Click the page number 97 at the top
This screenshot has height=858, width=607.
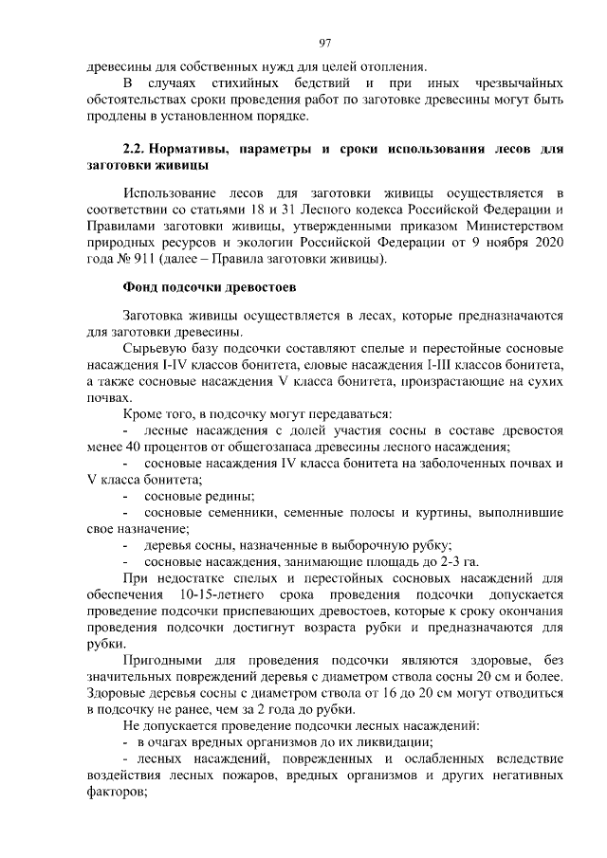coord(324,43)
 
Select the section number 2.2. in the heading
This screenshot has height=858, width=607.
coord(140,150)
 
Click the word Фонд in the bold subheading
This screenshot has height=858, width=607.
coord(144,286)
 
